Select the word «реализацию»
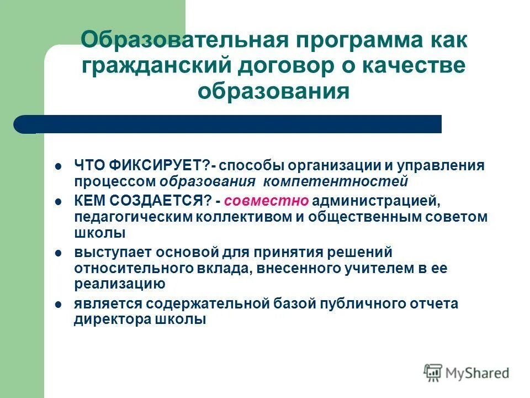click(120, 284)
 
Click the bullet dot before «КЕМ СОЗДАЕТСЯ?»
click(58, 202)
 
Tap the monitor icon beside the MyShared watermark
click(433, 373)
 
